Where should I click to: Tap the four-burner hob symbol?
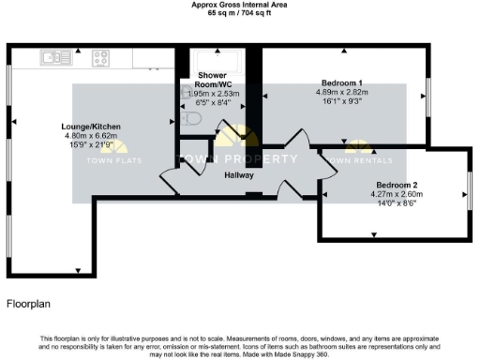(x=100, y=58)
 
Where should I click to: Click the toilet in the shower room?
(x=191, y=120)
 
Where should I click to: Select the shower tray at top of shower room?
(x=221, y=59)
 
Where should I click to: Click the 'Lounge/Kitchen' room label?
(x=92, y=127)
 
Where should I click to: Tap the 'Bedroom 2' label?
(x=397, y=186)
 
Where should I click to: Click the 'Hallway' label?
(x=240, y=175)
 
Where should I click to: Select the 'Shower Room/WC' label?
(x=214, y=80)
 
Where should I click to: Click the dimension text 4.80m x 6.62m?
(x=92, y=135)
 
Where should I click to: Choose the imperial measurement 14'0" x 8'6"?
(x=397, y=202)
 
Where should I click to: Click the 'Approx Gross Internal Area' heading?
(x=239, y=5)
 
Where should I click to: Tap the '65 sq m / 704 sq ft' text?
(x=239, y=13)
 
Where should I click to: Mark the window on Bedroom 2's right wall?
(x=469, y=197)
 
